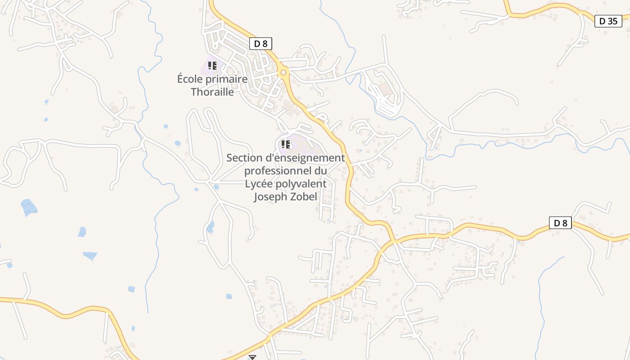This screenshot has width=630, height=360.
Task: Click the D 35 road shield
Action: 608,21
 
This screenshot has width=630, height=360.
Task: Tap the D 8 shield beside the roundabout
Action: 261,44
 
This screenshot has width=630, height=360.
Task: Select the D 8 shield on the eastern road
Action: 560,223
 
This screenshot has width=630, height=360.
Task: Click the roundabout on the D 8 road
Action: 283,73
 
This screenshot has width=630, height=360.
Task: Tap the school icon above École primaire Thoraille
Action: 212,66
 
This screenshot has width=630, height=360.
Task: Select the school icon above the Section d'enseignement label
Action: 285,144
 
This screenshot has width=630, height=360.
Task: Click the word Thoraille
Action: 212,92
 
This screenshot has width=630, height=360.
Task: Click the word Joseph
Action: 270,197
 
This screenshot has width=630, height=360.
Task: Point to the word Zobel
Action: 304,197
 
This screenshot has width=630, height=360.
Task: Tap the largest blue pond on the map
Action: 29,207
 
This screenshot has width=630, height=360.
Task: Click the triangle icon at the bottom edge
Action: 252,357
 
